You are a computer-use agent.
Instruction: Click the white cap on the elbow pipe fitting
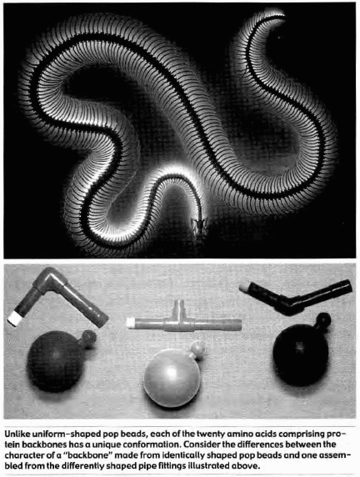click(x=14, y=319)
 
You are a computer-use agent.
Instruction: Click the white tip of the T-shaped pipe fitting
click(x=131, y=323)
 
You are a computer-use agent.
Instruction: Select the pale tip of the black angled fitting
click(x=244, y=288)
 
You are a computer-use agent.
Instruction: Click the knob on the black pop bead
click(x=322, y=320)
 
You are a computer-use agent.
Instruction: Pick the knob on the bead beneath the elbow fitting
click(x=88, y=339)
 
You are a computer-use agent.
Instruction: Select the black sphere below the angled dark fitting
click(x=300, y=355)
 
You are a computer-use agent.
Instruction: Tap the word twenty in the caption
click(x=209, y=434)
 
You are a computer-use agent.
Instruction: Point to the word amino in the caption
click(x=234, y=434)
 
